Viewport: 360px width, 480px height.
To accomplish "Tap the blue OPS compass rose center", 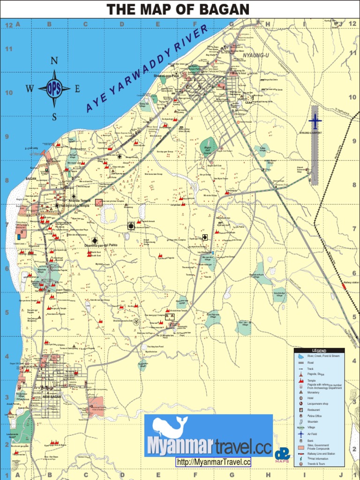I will pos(54,89).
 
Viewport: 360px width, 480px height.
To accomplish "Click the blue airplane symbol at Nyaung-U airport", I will pos(315,121).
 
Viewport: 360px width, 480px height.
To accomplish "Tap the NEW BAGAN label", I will pos(52,397).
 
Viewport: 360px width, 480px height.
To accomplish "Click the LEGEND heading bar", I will pos(319,351).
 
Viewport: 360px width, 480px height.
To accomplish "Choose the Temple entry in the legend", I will pos(311,381).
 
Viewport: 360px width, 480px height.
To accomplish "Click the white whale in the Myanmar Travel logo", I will pos(169,427).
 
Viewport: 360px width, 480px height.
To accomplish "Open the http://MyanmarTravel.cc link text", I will pos(214,462).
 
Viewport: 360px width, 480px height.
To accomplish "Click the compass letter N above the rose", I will pos(54,60).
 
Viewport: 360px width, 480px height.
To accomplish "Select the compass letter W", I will pos(30,89).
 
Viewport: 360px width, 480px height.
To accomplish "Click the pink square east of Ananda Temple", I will pos(98,202).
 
